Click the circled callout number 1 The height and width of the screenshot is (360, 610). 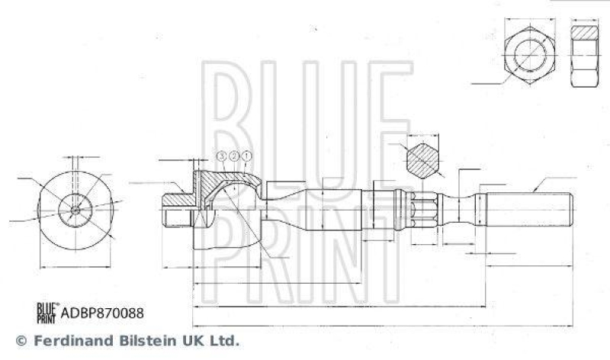(x=246, y=156)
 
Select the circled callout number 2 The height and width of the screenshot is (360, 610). (x=234, y=156)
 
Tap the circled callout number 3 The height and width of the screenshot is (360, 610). (x=222, y=156)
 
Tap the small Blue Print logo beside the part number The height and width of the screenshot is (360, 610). (x=48, y=312)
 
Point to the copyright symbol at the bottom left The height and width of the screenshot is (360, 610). (x=21, y=340)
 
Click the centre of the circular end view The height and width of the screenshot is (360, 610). (x=74, y=207)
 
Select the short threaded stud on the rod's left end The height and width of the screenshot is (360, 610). (x=177, y=209)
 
